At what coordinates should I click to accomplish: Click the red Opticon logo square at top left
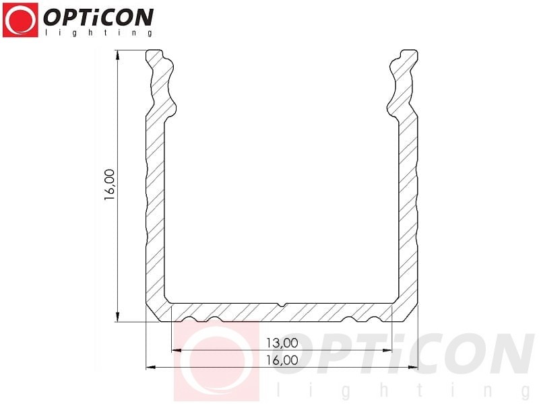[20, 20]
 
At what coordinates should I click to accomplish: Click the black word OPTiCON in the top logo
[98, 18]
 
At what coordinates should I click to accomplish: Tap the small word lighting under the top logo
[98, 32]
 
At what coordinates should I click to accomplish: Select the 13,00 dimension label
[282, 343]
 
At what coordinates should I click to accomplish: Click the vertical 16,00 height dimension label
[110, 184]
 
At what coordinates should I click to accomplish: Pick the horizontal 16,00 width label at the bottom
[282, 360]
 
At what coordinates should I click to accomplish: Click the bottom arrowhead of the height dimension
[117, 316]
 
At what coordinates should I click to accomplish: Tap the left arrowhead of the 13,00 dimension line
[177, 350]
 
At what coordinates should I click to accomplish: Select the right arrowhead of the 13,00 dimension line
[387, 350]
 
